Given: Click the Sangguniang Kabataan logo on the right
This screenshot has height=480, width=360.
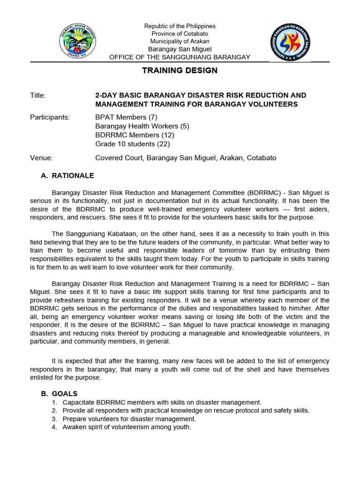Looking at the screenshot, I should [x=290, y=43].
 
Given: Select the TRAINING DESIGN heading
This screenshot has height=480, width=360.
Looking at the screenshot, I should [x=180, y=70].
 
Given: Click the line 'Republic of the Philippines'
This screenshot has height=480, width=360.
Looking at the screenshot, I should [x=180, y=26].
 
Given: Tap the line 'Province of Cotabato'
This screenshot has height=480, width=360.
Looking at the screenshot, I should [x=180, y=34].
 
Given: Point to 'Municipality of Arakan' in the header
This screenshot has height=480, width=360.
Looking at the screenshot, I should [x=180, y=41].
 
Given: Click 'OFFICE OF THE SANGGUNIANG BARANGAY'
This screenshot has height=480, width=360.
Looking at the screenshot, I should [x=180, y=57].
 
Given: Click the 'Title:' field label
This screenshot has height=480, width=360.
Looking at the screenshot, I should [x=38, y=95].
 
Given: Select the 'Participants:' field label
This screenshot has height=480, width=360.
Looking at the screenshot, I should [x=50, y=117].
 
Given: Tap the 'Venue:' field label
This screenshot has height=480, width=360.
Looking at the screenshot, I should [x=41, y=158].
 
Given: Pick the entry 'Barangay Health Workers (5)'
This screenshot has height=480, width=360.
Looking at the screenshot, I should [x=142, y=126].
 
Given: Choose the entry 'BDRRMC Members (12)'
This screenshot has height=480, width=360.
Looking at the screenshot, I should [x=135, y=135].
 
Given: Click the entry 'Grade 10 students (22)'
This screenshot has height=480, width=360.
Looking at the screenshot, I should [x=133, y=144].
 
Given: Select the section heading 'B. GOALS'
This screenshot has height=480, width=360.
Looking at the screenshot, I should [x=59, y=394].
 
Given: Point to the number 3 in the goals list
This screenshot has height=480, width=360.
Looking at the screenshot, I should [x=55, y=419].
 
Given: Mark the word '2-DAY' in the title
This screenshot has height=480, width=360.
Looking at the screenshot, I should [x=106, y=95].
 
